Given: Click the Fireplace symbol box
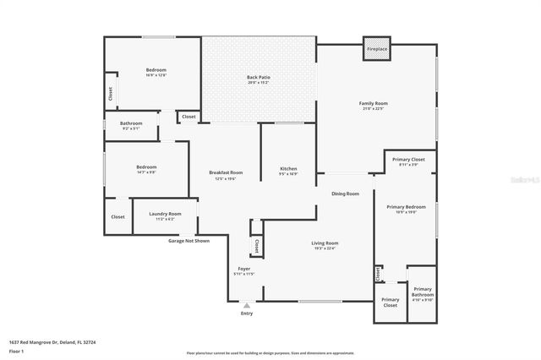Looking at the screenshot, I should [377, 49].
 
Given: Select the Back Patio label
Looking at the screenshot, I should [259, 77].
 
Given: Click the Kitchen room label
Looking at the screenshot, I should [288, 169].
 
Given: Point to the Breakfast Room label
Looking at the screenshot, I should [226, 172].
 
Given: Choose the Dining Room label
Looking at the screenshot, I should [345, 194].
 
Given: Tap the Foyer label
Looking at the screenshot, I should [243, 268].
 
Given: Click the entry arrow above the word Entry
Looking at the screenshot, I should [247, 304].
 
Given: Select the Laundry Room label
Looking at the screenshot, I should [166, 214].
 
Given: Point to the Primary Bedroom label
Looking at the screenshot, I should [406, 207].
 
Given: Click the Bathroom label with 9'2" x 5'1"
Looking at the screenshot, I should [131, 123].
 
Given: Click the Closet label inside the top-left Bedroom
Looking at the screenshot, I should [110, 94].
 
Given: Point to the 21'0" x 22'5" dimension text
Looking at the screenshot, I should [373, 108].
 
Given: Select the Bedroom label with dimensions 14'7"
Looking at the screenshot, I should [146, 166].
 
